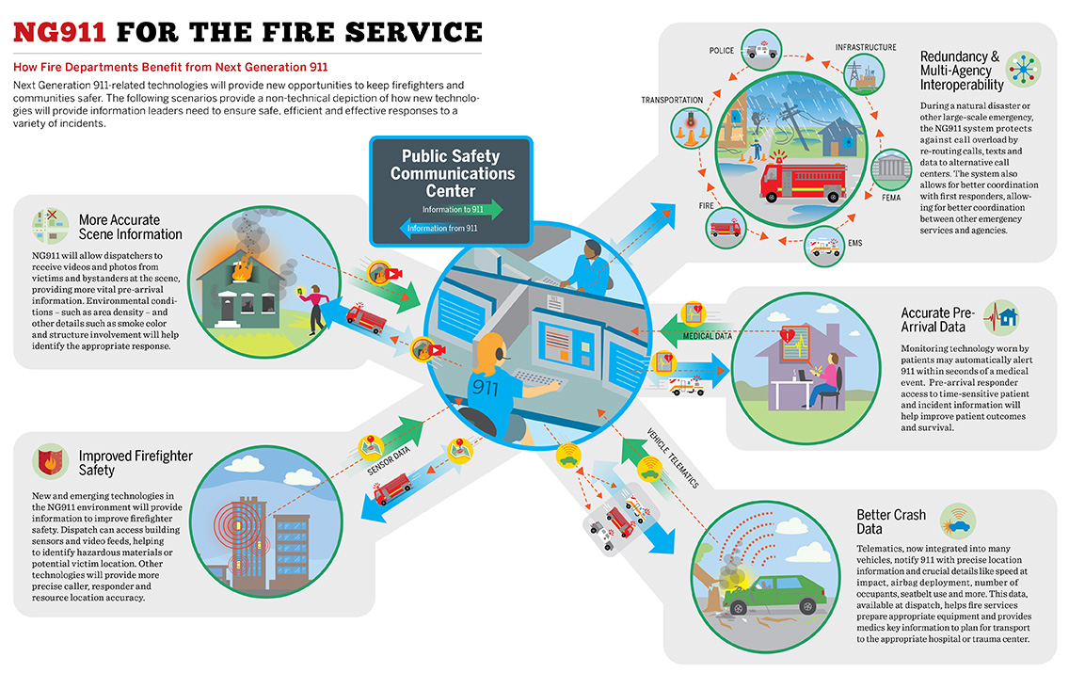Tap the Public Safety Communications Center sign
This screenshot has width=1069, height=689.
452,174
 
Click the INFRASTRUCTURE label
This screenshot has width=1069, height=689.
866,47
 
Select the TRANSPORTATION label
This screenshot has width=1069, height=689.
672,100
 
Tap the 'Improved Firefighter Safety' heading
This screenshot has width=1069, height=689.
136,462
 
